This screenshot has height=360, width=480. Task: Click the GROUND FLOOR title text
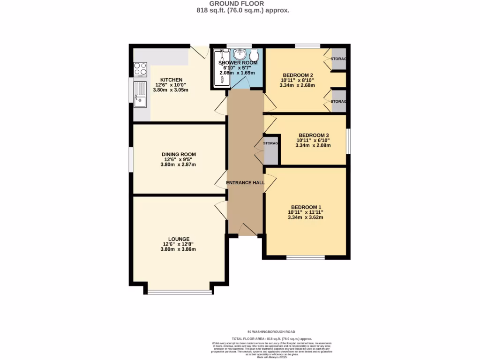tap(240, 4)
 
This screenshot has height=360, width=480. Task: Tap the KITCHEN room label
tap(171, 80)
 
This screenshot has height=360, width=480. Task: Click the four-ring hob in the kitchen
tap(140, 69)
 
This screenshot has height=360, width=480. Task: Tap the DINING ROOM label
tap(179, 154)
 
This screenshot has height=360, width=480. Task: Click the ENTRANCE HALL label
tap(246, 183)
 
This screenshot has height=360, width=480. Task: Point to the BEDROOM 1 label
tap(306, 207)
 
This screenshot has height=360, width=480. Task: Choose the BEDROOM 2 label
tap(298, 75)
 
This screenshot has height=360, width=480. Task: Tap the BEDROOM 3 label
tap(313, 135)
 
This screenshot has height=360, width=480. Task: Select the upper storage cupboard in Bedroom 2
tap(338, 59)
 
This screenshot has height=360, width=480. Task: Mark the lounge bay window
tap(179, 292)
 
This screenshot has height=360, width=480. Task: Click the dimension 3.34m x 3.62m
tap(306, 217)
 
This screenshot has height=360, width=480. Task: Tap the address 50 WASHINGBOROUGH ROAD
tap(271, 331)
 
